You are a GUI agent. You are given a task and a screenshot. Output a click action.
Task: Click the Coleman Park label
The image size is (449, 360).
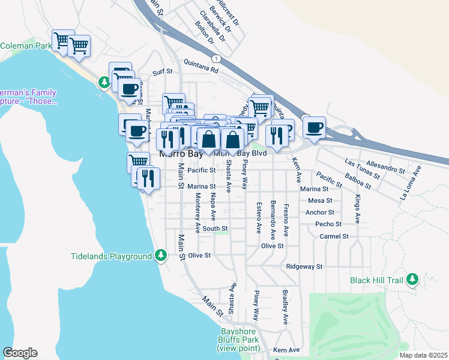pyautogui.click(x=25, y=46)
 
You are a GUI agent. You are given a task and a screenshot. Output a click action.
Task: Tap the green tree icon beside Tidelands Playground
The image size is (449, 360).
pyautogui.click(x=160, y=256)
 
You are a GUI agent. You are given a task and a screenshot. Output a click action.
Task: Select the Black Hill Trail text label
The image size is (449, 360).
pyautogui.click(x=376, y=280)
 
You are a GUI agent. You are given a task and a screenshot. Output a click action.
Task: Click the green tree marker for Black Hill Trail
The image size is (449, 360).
pyautogui.click(x=412, y=280)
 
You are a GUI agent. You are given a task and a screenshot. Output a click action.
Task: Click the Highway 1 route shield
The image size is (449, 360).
pyautogui.click(x=215, y=58)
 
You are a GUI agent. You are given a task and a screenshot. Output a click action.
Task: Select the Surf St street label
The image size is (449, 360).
pyautogui.click(x=162, y=73)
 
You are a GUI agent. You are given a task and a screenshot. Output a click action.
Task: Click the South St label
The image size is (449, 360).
pyautogui.click(x=215, y=229)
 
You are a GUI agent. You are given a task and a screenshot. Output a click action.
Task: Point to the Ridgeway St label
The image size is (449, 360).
pyautogui.click(x=304, y=266)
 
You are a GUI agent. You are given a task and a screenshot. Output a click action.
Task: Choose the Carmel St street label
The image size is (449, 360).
pyautogui.click(x=334, y=236)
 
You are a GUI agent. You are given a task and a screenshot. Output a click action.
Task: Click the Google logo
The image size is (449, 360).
pyautogui.click(x=20, y=353)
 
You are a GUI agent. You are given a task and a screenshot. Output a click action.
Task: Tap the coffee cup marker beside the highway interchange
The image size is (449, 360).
pyautogui.click(x=314, y=127)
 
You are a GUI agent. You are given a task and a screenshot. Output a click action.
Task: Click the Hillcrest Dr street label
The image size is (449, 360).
pyautogui.click(x=228, y=11)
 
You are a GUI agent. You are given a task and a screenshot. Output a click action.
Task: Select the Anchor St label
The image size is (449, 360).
pyautogui.click(x=319, y=212)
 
